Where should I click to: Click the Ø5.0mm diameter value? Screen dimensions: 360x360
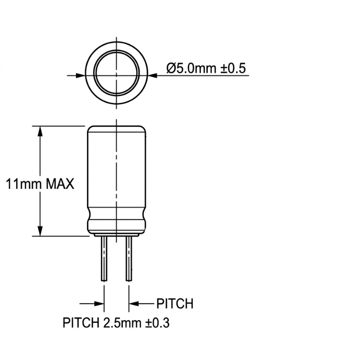tap(192, 68)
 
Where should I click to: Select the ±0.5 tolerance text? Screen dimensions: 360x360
tap(233, 68)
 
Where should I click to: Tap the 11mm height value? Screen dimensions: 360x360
tap(23, 184)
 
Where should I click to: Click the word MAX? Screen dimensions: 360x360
tap(60, 184)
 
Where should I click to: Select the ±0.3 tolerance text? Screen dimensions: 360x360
tap(157, 323)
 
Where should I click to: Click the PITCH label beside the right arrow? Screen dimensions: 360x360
tap(175, 304)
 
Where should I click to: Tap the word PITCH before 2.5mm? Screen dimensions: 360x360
tap(81, 323)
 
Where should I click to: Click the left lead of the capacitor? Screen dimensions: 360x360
tap(104, 259)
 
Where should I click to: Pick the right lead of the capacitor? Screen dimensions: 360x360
tap(129, 259)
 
